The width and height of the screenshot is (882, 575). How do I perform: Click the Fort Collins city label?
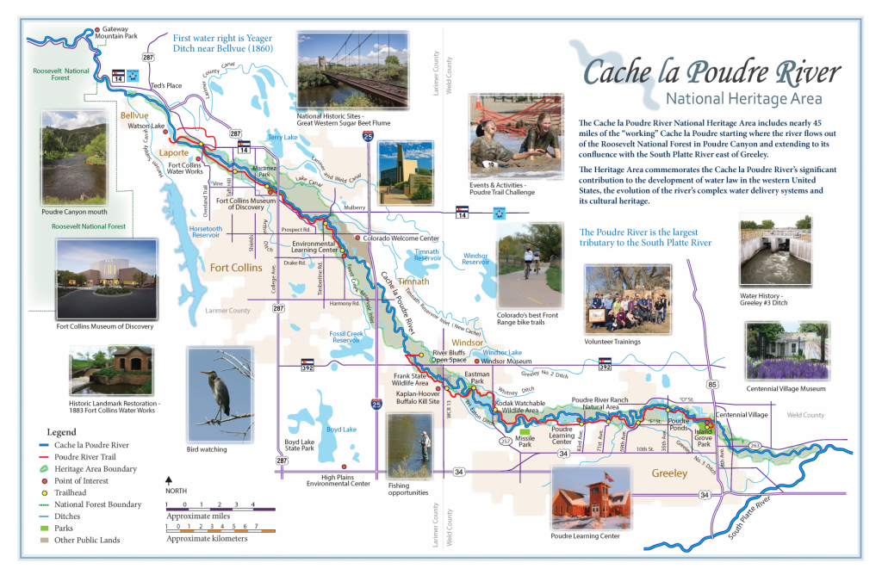236,268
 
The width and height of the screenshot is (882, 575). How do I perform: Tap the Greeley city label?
669,473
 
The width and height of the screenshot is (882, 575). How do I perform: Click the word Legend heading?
61,432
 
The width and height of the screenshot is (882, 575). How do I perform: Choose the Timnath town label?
414,281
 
